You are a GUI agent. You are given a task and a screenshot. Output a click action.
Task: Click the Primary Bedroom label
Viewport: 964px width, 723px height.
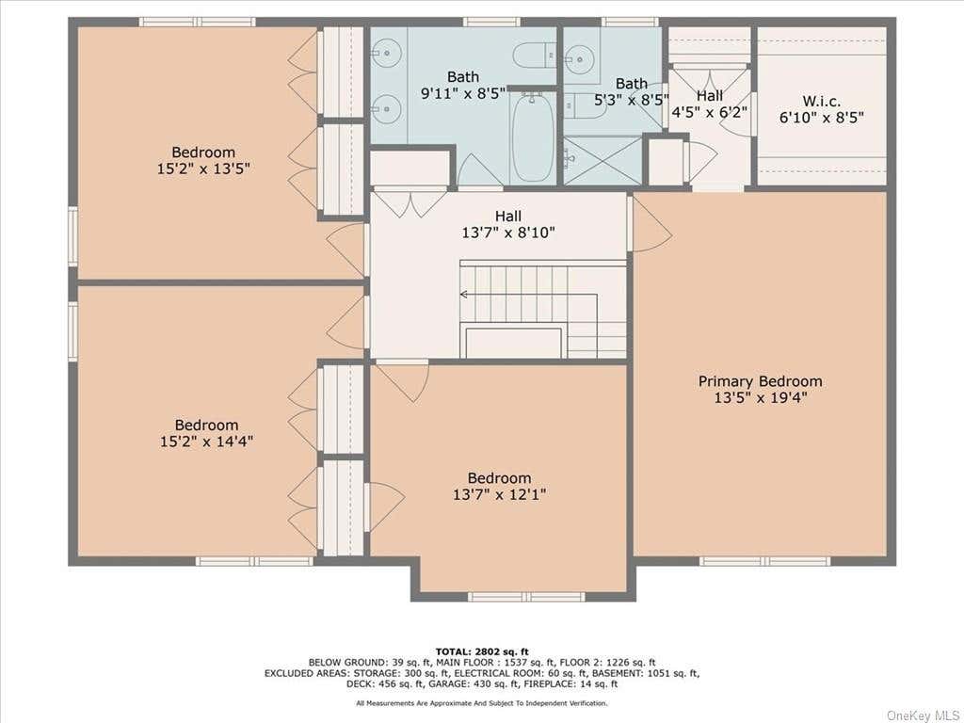[760, 381]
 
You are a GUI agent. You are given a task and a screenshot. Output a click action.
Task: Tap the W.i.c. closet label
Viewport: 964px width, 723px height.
[821, 102]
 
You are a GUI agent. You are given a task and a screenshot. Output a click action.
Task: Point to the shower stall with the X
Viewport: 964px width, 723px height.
[603, 160]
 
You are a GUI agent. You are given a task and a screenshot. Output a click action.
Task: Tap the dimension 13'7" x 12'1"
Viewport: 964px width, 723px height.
[499, 494]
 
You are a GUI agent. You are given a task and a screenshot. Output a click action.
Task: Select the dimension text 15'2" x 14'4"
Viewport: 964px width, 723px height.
[206, 441]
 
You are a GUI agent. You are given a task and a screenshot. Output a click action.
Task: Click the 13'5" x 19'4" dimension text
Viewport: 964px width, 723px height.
[760, 398]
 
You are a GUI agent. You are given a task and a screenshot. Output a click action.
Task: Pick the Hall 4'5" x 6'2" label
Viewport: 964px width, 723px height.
[710, 104]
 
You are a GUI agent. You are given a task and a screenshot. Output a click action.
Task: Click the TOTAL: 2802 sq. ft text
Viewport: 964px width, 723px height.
[482, 651]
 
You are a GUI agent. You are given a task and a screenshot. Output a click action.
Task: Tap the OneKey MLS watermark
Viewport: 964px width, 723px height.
[923, 715]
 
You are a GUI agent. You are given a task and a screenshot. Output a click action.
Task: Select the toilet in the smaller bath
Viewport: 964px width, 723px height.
[578, 105]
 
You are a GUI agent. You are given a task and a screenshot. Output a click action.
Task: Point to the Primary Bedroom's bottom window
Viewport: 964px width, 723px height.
[764, 561]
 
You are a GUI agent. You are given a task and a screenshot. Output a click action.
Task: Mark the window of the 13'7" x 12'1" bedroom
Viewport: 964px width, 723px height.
[526, 596]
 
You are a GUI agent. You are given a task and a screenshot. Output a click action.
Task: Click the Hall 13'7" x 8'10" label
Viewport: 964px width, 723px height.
[508, 224]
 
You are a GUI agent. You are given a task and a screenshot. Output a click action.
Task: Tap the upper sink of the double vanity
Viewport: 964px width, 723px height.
[386, 54]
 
